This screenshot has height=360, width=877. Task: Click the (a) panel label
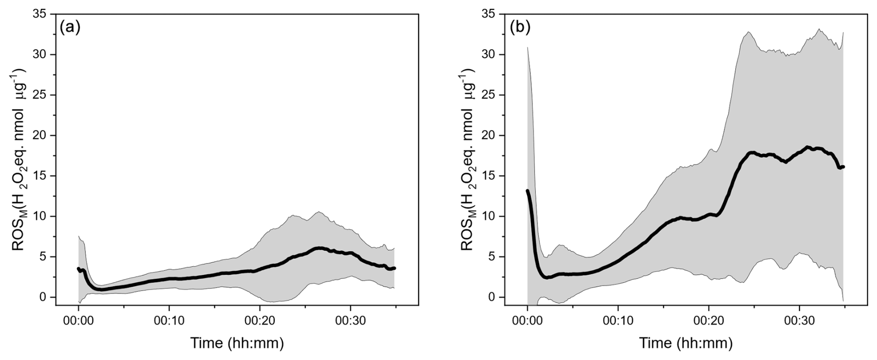pyautogui.click(x=70, y=28)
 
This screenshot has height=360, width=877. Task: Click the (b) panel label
pyautogui.click(x=520, y=28)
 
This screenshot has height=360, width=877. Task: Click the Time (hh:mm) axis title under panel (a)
pyautogui.click(x=237, y=344)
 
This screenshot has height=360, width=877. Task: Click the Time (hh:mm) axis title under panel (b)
pyautogui.click(x=686, y=344)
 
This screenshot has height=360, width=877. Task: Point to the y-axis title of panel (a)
pyautogui.click(x=19, y=160)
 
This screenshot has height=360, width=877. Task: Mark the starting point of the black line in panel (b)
pyautogui.click(x=527, y=191)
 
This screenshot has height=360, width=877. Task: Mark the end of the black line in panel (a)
pyautogui.click(x=394, y=268)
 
